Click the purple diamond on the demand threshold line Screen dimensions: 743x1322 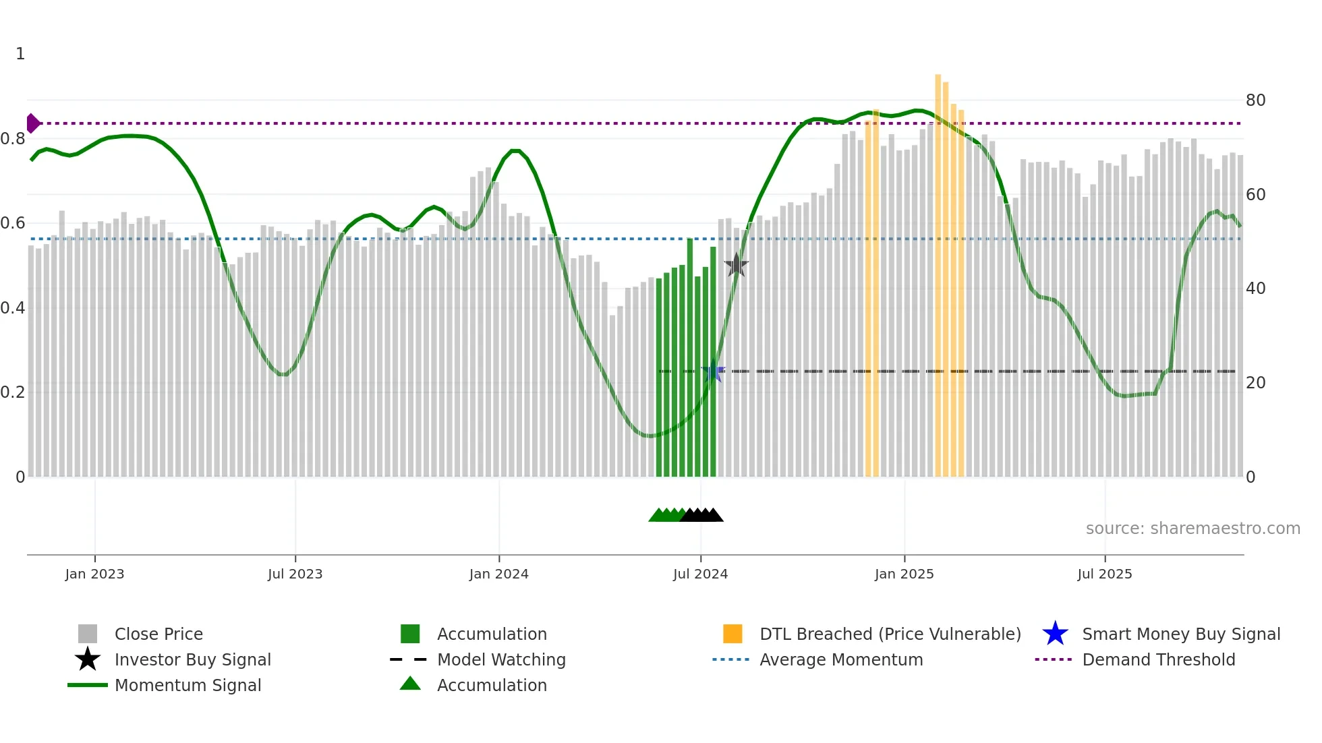coord(32,123)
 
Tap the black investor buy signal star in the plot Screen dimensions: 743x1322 coord(736,266)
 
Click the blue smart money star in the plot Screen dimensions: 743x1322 coord(713,371)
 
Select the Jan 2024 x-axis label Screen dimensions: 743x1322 coord(498,574)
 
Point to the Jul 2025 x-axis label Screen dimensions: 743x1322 coord(1104,574)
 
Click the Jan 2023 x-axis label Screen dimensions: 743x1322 coord(94,574)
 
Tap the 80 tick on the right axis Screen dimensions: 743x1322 coord(1255,100)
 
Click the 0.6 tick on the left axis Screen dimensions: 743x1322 coord(13,223)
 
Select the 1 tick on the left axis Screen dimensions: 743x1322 coord(20,54)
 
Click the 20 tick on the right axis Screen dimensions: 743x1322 coord(1255,383)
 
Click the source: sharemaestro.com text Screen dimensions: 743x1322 coord(1192,529)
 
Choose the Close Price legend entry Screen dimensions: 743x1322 coord(159,634)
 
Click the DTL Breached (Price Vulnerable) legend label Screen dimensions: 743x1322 coord(890,634)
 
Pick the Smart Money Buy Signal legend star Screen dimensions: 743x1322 coord(1055,634)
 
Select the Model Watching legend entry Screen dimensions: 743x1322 coord(500,659)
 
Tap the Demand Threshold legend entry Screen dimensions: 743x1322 coord(1158,659)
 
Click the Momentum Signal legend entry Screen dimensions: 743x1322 coord(188,685)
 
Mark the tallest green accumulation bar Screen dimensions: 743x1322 coord(690,357)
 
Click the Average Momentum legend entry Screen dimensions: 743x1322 coord(840,659)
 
